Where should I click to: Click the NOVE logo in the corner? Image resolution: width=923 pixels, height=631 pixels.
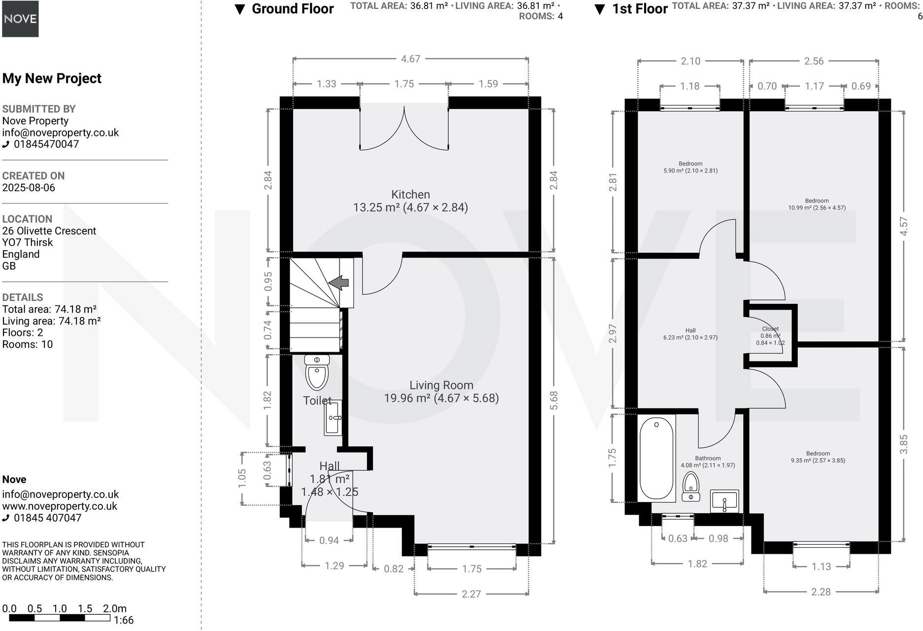coord(20,19)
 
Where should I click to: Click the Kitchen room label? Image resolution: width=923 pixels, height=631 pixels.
coord(410,195)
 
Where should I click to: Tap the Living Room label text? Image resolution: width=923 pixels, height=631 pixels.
coord(441,386)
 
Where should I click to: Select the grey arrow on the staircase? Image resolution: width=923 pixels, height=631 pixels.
coord(339,283)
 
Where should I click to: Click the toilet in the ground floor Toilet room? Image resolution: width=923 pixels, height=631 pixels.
coord(316,373)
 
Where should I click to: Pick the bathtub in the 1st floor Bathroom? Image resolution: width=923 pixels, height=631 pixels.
coord(656,458)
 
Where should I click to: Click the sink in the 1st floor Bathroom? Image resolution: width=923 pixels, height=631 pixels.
coord(724,501)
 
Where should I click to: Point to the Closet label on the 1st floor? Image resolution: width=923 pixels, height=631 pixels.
coord(770,329)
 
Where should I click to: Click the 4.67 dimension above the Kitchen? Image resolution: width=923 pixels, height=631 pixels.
coord(410,59)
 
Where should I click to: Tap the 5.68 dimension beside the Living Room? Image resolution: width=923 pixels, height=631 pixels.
coord(554,400)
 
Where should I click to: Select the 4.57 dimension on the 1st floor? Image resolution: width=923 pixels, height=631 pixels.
coord(903,226)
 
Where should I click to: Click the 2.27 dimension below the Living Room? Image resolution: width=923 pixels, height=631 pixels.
coord(471,594)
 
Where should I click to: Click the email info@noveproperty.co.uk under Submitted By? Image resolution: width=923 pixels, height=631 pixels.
coord(61,133)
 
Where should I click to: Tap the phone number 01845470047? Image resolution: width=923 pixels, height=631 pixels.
coord(46,144)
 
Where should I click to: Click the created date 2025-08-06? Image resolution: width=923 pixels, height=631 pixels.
coord(29,188)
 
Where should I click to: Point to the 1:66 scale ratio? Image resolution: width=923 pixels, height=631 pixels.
coord(123,620)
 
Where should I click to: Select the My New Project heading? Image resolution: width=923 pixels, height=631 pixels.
coord(52,78)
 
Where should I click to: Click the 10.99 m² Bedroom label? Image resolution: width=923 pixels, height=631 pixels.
coord(817,204)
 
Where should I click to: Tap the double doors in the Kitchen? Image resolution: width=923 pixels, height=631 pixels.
coord(404,131)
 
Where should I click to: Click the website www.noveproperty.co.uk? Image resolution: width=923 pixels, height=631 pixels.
coord(60,506)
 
